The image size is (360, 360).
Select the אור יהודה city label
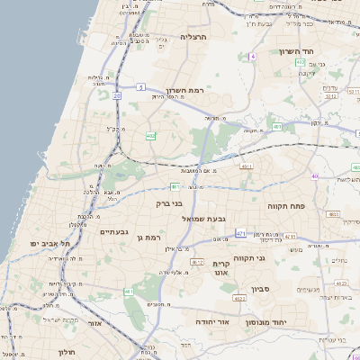point(213,321)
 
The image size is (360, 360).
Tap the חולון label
point(69,351)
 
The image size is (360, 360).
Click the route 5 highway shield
point(141,87)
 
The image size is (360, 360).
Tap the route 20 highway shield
point(117,94)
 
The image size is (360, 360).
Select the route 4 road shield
point(254,57)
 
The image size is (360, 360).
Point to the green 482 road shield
point(148,136)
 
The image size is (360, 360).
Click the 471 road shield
point(240,233)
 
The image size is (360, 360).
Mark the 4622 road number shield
point(238,297)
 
